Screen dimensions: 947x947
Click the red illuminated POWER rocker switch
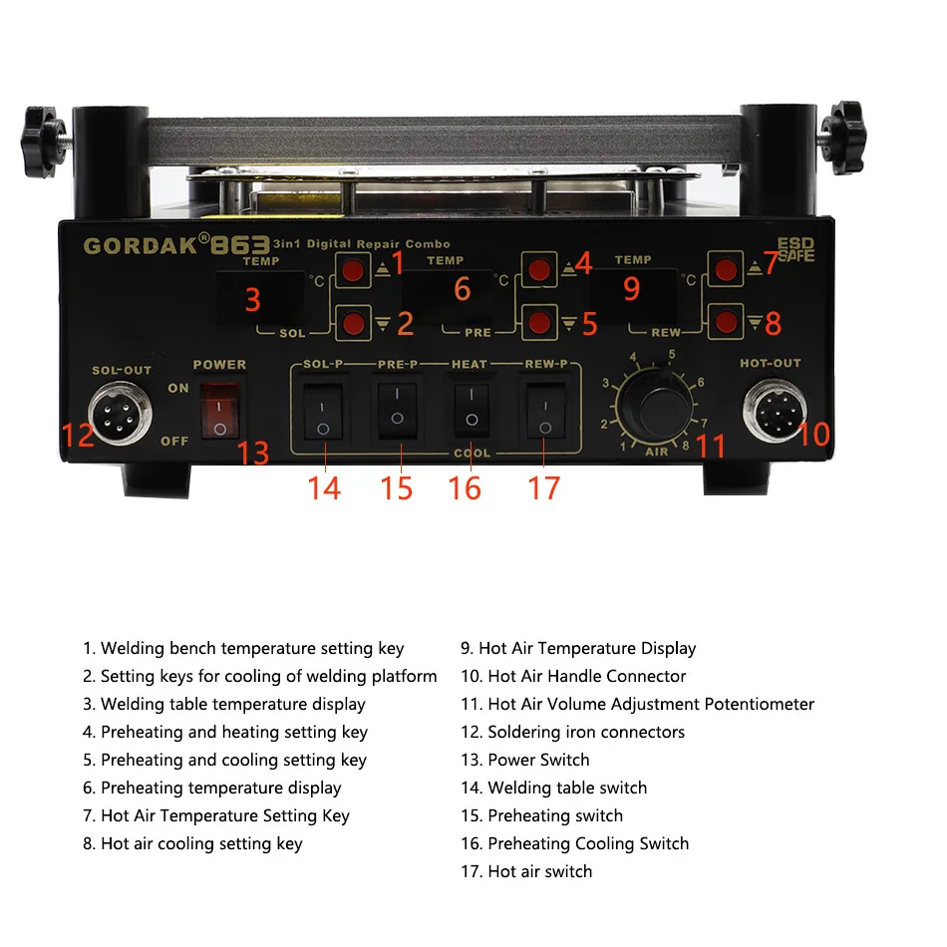click(x=220, y=411)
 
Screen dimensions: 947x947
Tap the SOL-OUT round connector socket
click(x=120, y=416)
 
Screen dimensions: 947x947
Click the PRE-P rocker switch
click(x=397, y=407)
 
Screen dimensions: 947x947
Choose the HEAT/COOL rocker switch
click(x=470, y=407)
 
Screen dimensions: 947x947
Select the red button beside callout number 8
click(x=727, y=322)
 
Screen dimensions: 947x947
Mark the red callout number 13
click(x=253, y=454)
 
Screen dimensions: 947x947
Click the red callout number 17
click(x=543, y=487)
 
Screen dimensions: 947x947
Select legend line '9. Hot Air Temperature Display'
click(x=578, y=648)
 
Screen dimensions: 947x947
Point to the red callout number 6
click(x=462, y=289)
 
